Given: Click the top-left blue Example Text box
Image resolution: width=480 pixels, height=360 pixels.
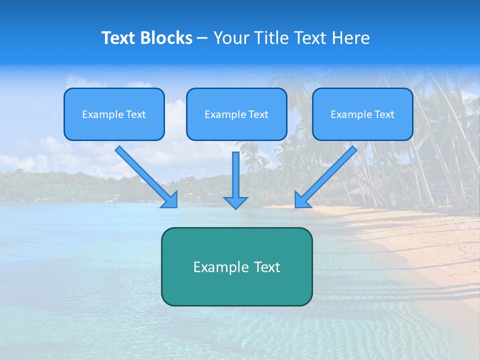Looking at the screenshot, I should [x=114, y=114].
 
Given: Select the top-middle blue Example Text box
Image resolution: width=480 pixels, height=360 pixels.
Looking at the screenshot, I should [x=236, y=114].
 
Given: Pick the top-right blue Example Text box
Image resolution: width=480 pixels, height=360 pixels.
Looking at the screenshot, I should [x=362, y=114].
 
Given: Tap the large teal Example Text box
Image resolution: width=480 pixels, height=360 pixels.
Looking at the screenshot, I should [x=236, y=266].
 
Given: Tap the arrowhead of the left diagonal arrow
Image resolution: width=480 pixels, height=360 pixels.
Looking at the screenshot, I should [x=170, y=200].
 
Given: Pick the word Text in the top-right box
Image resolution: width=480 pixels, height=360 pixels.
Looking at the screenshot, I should [x=384, y=114].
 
